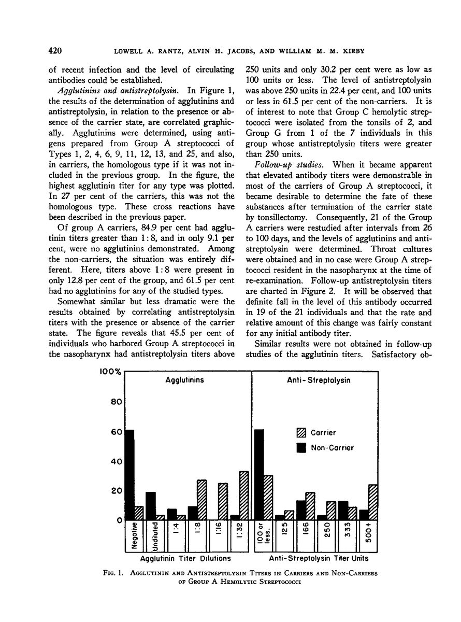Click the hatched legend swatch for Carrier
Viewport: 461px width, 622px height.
coord(300,433)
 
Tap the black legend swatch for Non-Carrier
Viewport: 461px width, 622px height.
coord(300,448)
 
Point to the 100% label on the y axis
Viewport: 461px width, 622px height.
coord(110,372)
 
